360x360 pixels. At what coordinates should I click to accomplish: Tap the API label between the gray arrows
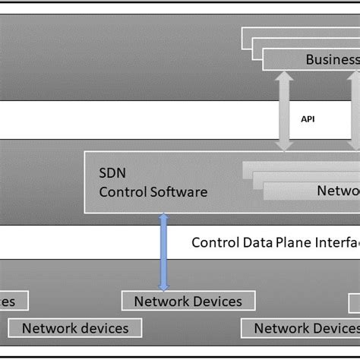308,118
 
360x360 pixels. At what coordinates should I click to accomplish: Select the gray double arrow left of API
285,111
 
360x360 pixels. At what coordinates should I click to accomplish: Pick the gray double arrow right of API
354,111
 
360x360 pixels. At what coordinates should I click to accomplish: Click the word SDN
112,172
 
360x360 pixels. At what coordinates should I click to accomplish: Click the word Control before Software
122,191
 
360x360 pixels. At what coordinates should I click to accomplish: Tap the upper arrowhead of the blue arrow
163,219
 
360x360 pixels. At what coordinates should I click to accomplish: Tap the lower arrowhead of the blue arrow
163,283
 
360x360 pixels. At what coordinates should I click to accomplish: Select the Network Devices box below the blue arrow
188,301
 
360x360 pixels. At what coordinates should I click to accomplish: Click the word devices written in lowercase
109,328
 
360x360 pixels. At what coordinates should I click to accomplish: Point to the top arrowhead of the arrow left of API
285,77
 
